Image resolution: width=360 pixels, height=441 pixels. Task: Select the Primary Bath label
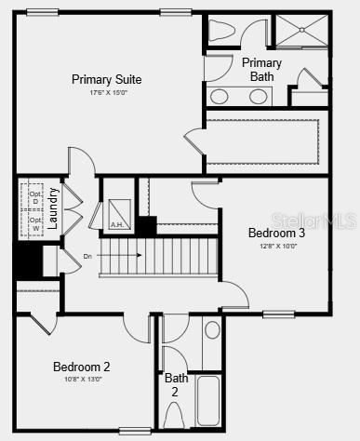[x=261, y=70]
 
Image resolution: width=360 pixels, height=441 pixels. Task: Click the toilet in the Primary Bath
[x=221, y=31]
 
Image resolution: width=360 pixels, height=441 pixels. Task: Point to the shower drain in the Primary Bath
[x=301, y=30]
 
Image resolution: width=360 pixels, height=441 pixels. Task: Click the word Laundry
[x=54, y=209]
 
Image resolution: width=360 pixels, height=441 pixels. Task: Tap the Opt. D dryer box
[x=36, y=197]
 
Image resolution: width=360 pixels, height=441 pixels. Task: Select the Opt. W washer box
[x=36, y=224]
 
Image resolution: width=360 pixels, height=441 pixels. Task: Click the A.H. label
[x=117, y=224]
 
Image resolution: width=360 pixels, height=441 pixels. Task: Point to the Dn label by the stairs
[x=88, y=255]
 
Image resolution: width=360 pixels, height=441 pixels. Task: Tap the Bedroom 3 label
[x=276, y=233]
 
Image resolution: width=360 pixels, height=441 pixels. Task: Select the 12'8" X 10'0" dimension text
[x=276, y=246]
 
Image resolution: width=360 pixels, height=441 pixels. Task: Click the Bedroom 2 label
[x=81, y=367]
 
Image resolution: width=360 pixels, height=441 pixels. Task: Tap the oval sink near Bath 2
[x=212, y=329]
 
